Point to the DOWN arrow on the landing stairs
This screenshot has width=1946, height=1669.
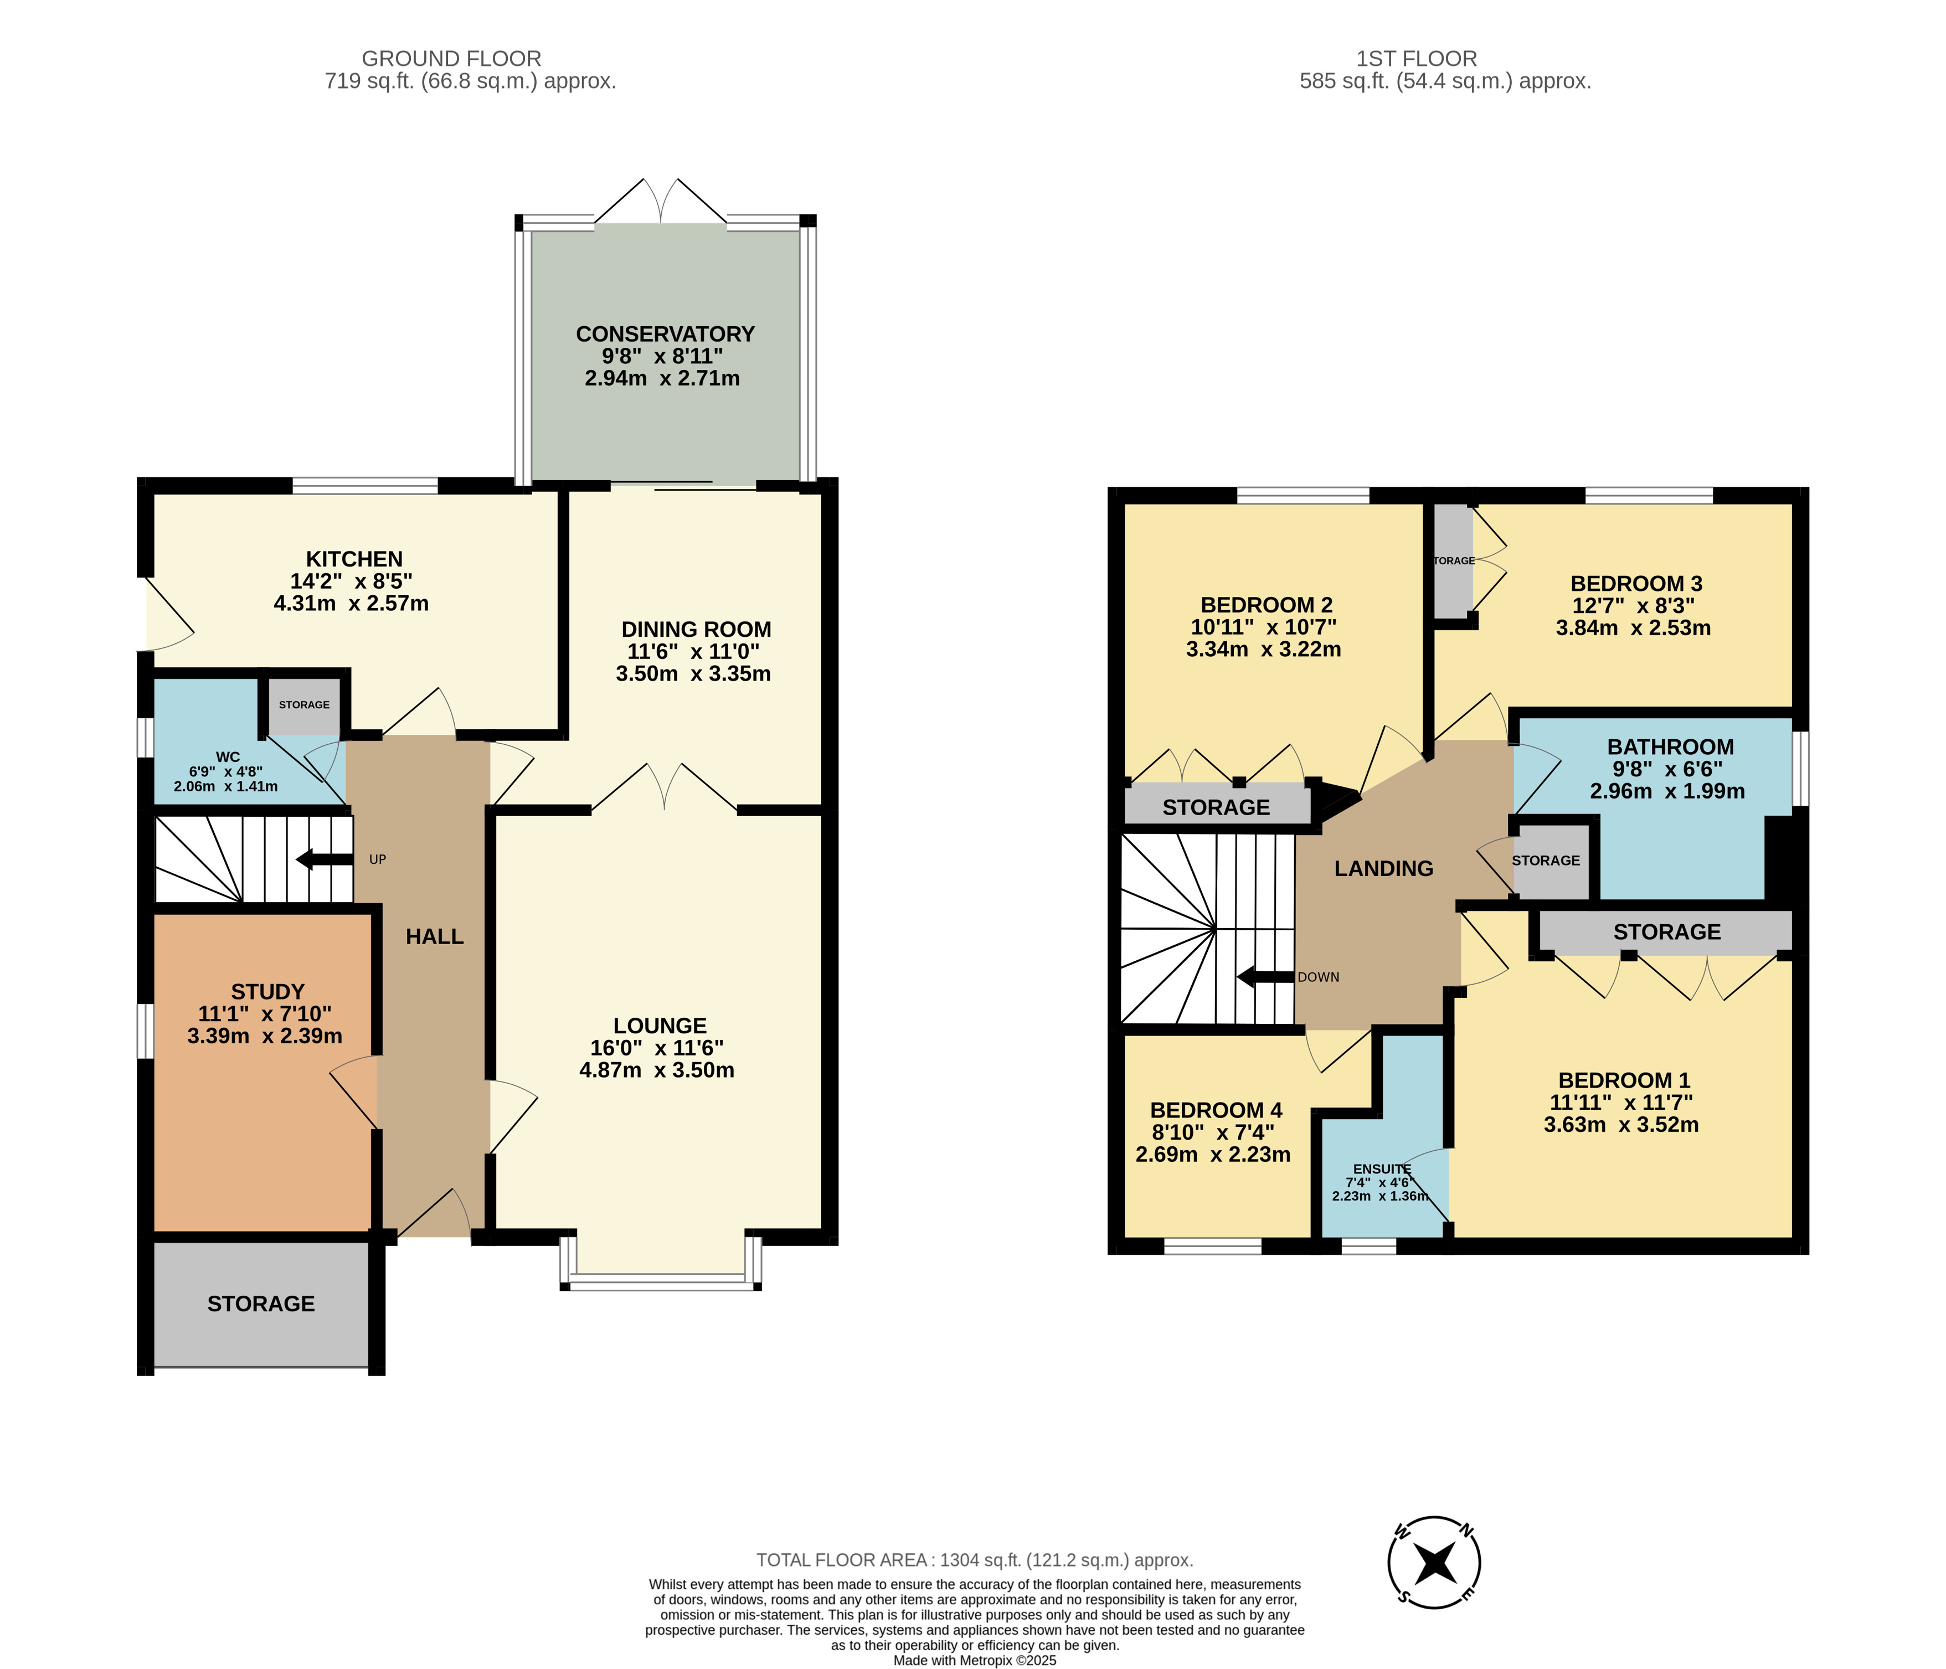1266,977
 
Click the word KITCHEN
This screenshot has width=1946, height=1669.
354,559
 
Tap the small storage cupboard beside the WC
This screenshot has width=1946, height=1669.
303,704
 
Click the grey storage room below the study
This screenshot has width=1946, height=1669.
261,1304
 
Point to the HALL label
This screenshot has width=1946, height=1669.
435,936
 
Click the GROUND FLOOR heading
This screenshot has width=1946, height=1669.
452,58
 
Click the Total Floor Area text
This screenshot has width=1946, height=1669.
975,1560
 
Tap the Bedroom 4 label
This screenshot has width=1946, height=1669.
1216,1110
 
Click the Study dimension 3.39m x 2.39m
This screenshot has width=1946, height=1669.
265,1036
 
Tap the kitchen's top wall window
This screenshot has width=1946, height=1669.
365,486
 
